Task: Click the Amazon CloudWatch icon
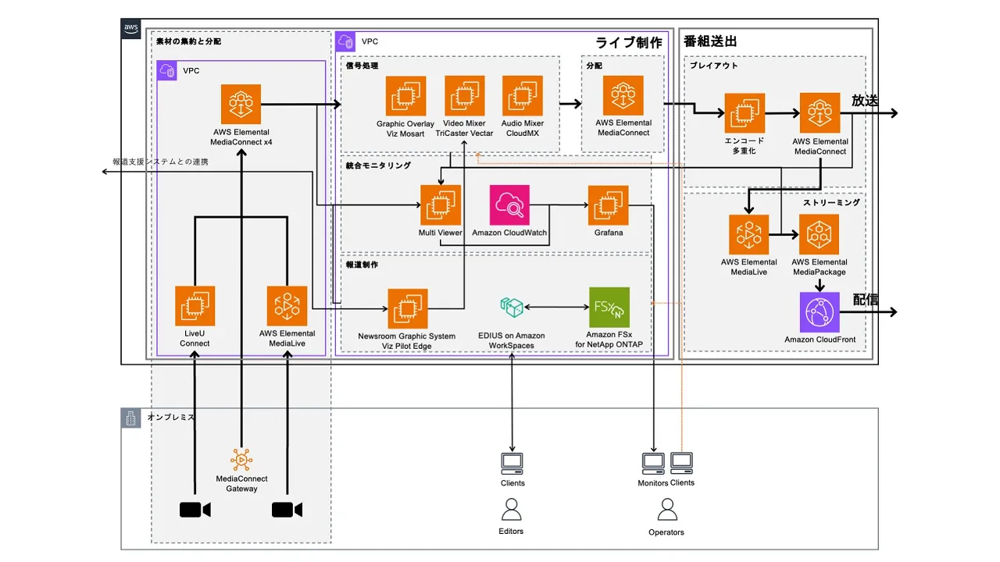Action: [x=509, y=205]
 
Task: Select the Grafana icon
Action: [x=609, y=205]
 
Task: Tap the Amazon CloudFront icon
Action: [x=820, y=312]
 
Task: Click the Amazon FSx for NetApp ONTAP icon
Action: [x=609, y=308]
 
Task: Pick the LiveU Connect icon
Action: [x=195, y=305]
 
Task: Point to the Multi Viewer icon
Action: [x=440, y=205]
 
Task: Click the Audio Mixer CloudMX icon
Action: [x=523, y=96]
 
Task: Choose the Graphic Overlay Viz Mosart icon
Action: [x=405, y=96]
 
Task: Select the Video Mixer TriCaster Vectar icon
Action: [x=464, y=96]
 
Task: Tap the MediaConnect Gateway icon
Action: [x=241, y=460]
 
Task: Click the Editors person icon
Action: [x=512, y=510]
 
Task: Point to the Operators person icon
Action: [x=666, y=510]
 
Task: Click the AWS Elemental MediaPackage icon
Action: [x=819, y=234]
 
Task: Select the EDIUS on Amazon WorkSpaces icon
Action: [x=512, y=308]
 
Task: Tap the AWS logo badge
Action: [x=131, y=30]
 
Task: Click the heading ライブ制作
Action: [x=628, y=43]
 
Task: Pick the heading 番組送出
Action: [x=710, y=41]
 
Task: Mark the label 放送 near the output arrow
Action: [x=865, y=101]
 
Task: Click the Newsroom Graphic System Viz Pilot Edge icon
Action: [x=407, y=308]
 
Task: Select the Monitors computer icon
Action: [x=653, y=464]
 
